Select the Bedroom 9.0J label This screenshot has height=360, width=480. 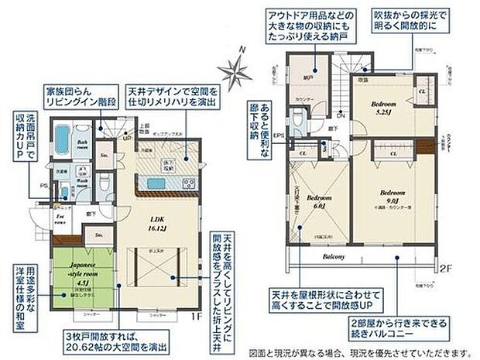[x=393, y=195]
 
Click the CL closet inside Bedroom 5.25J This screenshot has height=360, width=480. [x=422, y=92]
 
